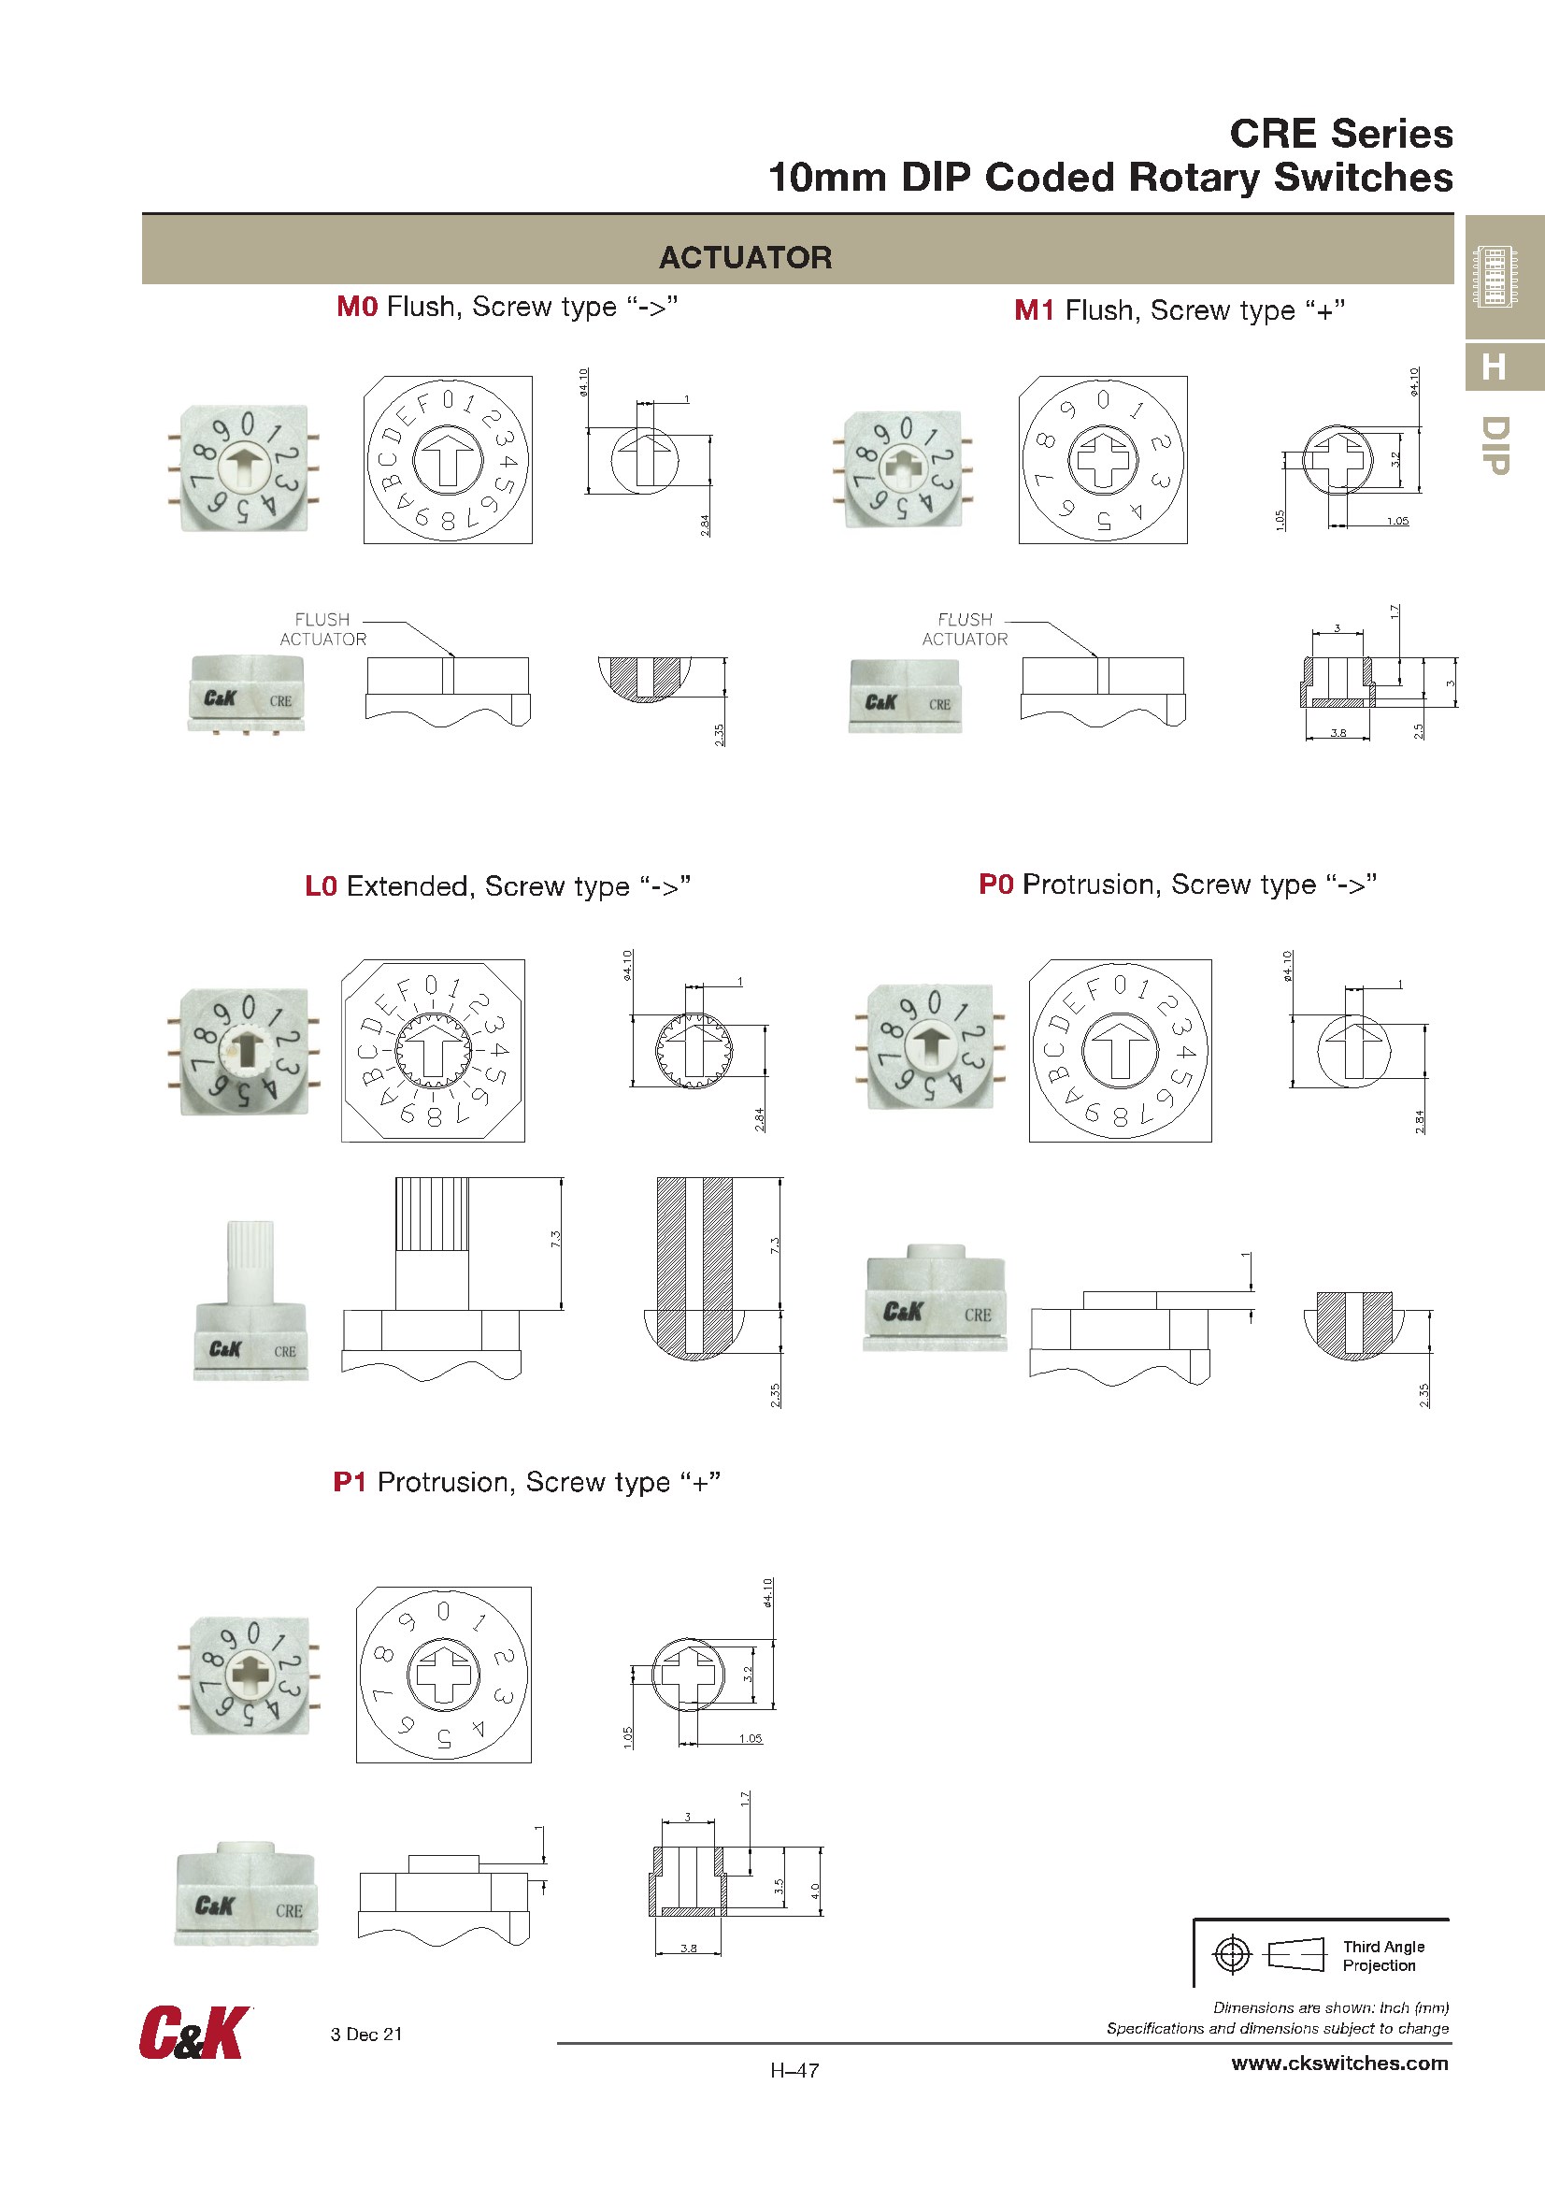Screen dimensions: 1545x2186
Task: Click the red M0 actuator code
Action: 357,307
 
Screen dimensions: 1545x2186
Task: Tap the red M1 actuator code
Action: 1034,310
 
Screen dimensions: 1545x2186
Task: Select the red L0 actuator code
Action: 321,886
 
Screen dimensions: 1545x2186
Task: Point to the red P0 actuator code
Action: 995,884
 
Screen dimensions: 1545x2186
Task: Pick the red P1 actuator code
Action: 350,1482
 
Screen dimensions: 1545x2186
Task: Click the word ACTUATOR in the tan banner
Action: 745,257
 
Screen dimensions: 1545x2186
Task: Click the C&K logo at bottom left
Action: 195,2033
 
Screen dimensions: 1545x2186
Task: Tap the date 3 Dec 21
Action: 366,2034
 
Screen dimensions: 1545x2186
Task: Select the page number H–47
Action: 794,2070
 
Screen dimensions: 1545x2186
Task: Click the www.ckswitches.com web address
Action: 1339,2064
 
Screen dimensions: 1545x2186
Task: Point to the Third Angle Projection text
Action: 1383,1956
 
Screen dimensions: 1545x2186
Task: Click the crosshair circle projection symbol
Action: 1232,1955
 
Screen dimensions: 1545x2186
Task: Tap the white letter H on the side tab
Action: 1494,367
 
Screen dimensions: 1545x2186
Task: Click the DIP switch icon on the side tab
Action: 1494,275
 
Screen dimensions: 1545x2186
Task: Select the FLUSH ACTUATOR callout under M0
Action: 322,629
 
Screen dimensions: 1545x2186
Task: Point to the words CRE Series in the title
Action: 1341,134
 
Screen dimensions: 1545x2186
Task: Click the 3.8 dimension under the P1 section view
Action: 688,1948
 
